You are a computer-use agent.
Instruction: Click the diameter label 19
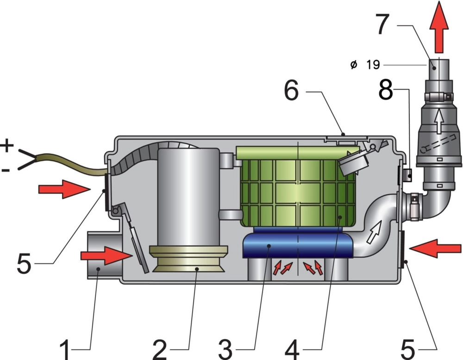pyautogui.click(x=373, y=65)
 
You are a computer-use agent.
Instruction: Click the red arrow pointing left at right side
pyautogui.click(x=429, y=249)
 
